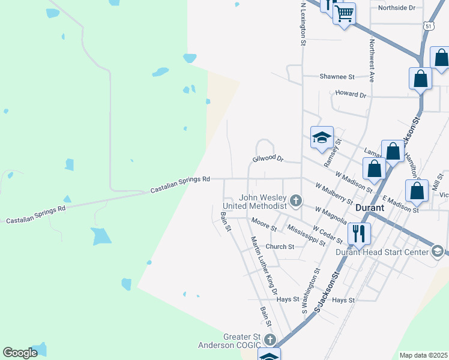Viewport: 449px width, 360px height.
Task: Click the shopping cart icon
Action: pos(344,13)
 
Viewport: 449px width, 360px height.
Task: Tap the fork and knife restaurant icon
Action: pos(360,233)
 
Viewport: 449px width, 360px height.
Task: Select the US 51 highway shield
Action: pos(427,26)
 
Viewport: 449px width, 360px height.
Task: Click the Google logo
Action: pos(20,353)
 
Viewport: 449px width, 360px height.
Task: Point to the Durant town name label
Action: pos(374,209)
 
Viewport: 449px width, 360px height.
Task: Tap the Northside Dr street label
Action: pos(397,8)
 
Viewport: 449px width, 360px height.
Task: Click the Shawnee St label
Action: pos(337,77)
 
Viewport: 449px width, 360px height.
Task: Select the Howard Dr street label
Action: pos(351,94)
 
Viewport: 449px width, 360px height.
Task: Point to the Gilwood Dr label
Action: pos(268,158)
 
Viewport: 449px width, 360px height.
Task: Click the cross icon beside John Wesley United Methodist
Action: pos(295,200)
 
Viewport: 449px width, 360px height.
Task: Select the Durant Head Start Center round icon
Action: pos(438,251)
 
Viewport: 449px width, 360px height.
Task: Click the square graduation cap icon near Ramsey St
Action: pos(322,137)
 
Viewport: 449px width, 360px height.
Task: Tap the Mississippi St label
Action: pos(306,236)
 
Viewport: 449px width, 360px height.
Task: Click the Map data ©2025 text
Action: pos(423,355)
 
